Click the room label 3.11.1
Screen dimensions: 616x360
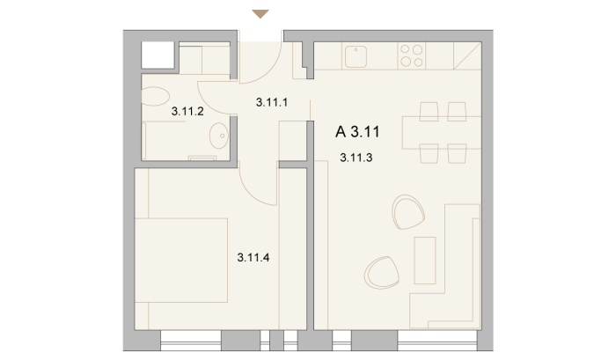272,103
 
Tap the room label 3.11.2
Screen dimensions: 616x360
187,112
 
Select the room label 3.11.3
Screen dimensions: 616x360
356,158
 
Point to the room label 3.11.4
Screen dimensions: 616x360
253,258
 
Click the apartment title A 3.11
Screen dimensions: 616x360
357,132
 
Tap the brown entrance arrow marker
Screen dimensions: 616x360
260,14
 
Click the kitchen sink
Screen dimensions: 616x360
356,56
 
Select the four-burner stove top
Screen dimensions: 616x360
411,55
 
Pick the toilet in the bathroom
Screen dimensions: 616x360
155,96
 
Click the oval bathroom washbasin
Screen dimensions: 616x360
219,136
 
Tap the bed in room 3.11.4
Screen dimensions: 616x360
181,261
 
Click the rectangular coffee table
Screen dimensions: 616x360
425,261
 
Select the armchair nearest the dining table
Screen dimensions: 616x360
408,212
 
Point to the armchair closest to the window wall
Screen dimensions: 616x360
381,273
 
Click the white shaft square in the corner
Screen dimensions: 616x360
158,55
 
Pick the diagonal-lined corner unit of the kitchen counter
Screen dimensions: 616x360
467,55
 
